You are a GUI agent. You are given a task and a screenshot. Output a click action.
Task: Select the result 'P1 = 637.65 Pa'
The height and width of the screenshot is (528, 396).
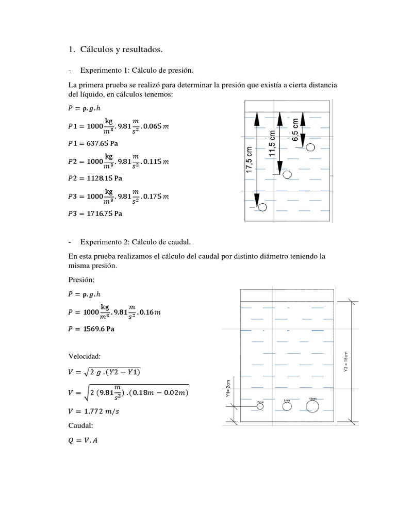95,143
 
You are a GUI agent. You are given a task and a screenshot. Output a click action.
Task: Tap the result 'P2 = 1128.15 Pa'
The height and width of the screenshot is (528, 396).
96,178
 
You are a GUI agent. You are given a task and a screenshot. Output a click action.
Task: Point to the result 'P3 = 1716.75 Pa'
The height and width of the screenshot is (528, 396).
96,212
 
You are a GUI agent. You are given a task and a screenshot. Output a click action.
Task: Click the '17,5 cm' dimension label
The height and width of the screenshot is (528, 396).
249,160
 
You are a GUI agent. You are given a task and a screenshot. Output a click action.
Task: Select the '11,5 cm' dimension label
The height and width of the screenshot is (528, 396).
272,144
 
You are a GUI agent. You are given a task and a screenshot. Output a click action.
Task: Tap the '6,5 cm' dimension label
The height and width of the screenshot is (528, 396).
295,130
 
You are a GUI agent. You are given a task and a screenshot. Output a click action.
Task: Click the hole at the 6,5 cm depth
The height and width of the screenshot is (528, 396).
310,147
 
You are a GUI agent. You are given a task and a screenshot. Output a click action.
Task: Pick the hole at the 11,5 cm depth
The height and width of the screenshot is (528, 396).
287,175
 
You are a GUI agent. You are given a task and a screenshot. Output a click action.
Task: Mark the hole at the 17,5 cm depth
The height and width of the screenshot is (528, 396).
262,207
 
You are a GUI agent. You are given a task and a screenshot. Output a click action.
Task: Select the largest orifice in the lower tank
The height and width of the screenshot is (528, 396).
312,406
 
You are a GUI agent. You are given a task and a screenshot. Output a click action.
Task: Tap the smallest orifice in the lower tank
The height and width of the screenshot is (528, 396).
261,406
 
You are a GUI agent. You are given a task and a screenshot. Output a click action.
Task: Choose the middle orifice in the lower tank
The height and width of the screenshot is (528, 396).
287,406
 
